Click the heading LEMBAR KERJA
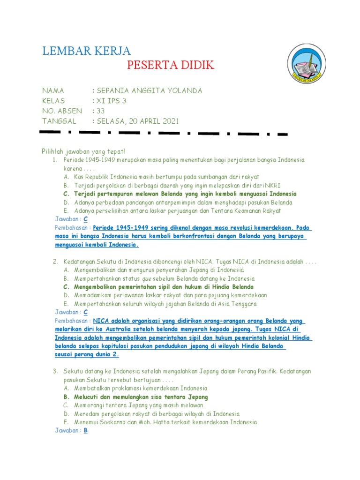click(x=87, y=51)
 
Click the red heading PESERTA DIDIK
click(x=171, y=65)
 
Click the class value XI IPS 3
click(x=111, y=101)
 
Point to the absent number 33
click(x=100, y=111)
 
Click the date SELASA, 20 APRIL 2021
click(x=137, y=121)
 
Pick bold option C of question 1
click(x=185, y=194)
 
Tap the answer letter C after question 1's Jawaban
click(x=85, y=219)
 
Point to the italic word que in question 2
click(x=149, y=278)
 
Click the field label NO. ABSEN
click(x=62, y=111)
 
